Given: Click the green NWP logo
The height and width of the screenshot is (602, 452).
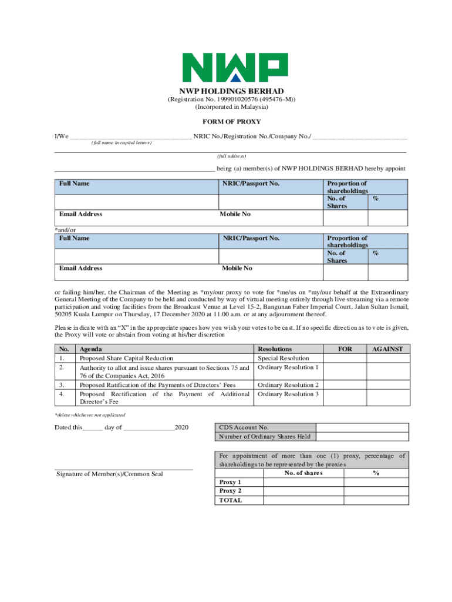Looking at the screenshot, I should click(234, 68).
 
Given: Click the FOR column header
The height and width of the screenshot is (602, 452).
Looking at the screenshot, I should click(345, 349).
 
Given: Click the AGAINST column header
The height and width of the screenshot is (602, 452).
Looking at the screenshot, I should click(387, 349).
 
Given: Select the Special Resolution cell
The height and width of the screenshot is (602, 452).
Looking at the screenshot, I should click(283, 358).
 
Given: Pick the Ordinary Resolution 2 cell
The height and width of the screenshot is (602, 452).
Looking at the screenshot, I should click(288, 385).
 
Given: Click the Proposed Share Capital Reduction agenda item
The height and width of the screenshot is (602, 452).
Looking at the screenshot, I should click(126, 358).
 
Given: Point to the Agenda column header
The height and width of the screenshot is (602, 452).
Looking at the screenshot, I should click(92, 349).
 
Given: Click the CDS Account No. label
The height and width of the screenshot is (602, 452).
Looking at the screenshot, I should click(244, 428).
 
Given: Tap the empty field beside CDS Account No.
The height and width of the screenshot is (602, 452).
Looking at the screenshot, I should click(362, 428).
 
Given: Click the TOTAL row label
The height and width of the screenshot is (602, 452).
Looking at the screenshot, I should click(230, 500).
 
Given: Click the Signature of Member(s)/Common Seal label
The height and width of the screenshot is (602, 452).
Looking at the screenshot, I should click(109, 474).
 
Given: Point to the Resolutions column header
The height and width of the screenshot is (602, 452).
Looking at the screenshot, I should click(275, 349).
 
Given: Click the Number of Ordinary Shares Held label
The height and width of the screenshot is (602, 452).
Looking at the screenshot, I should click(265, 436).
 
